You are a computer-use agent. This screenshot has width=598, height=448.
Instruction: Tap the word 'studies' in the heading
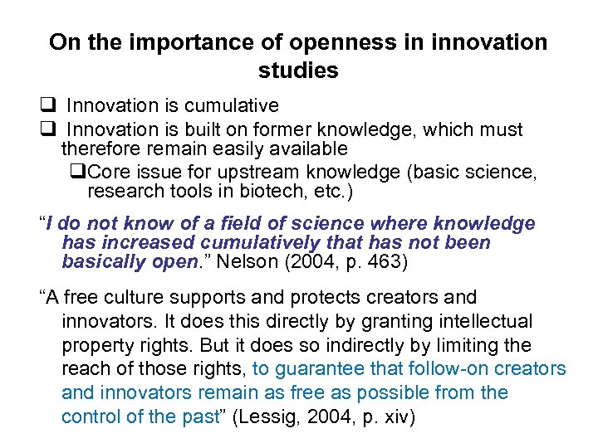[x=298, y=71]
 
